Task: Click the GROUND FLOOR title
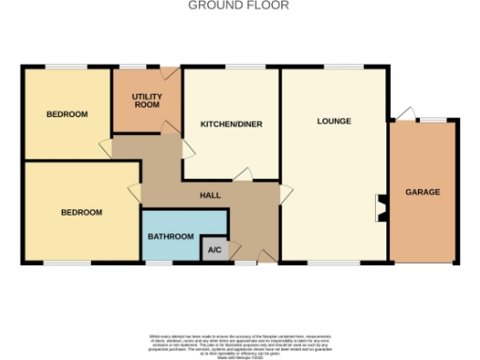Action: point(239,6)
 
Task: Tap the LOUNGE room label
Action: point(334,121)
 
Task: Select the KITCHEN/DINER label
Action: point(231,124)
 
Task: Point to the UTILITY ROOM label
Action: point(146,100)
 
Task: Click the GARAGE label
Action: point(422,191)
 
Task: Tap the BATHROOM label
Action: point(171,236)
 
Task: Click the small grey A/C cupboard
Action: point(214,249)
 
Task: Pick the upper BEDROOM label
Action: point(67,114)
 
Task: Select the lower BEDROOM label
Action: point(82,212)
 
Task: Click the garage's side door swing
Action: point(402,114)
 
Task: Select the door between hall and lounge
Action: point(285,194)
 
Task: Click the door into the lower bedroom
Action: point(134,194)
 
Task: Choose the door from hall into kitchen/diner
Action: point(187,147)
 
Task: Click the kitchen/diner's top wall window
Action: point(230,67)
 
